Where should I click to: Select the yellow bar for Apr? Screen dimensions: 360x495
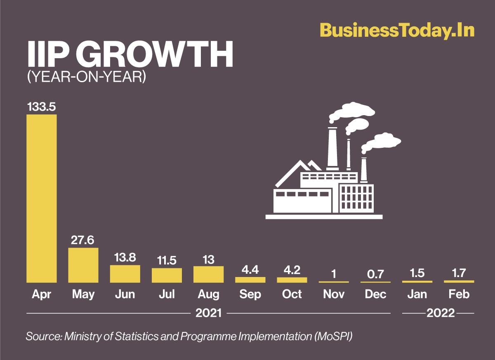coord(42,199)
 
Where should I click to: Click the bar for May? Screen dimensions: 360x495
coord(83,265)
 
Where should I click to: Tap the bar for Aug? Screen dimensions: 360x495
coord(208,274)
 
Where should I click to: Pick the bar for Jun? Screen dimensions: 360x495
coord(125,274)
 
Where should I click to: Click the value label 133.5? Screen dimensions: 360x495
coord(42,107)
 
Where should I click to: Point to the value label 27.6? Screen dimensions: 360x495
coord(83,240)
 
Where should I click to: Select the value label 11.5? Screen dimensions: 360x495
coord(167,261)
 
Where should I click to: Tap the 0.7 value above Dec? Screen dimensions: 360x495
coord(375,274)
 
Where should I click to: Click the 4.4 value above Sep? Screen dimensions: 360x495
coord(250,270)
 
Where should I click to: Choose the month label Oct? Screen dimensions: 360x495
coord(292,294)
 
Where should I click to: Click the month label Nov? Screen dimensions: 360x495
coord(333,294)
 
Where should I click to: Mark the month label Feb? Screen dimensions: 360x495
coord(459,294)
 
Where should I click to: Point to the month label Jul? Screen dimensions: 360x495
coord(167,294)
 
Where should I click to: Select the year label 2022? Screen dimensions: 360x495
coord(441,313)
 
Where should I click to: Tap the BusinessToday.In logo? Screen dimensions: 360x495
coord(397,31)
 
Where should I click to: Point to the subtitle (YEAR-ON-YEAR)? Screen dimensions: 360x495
coord(87,77)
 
